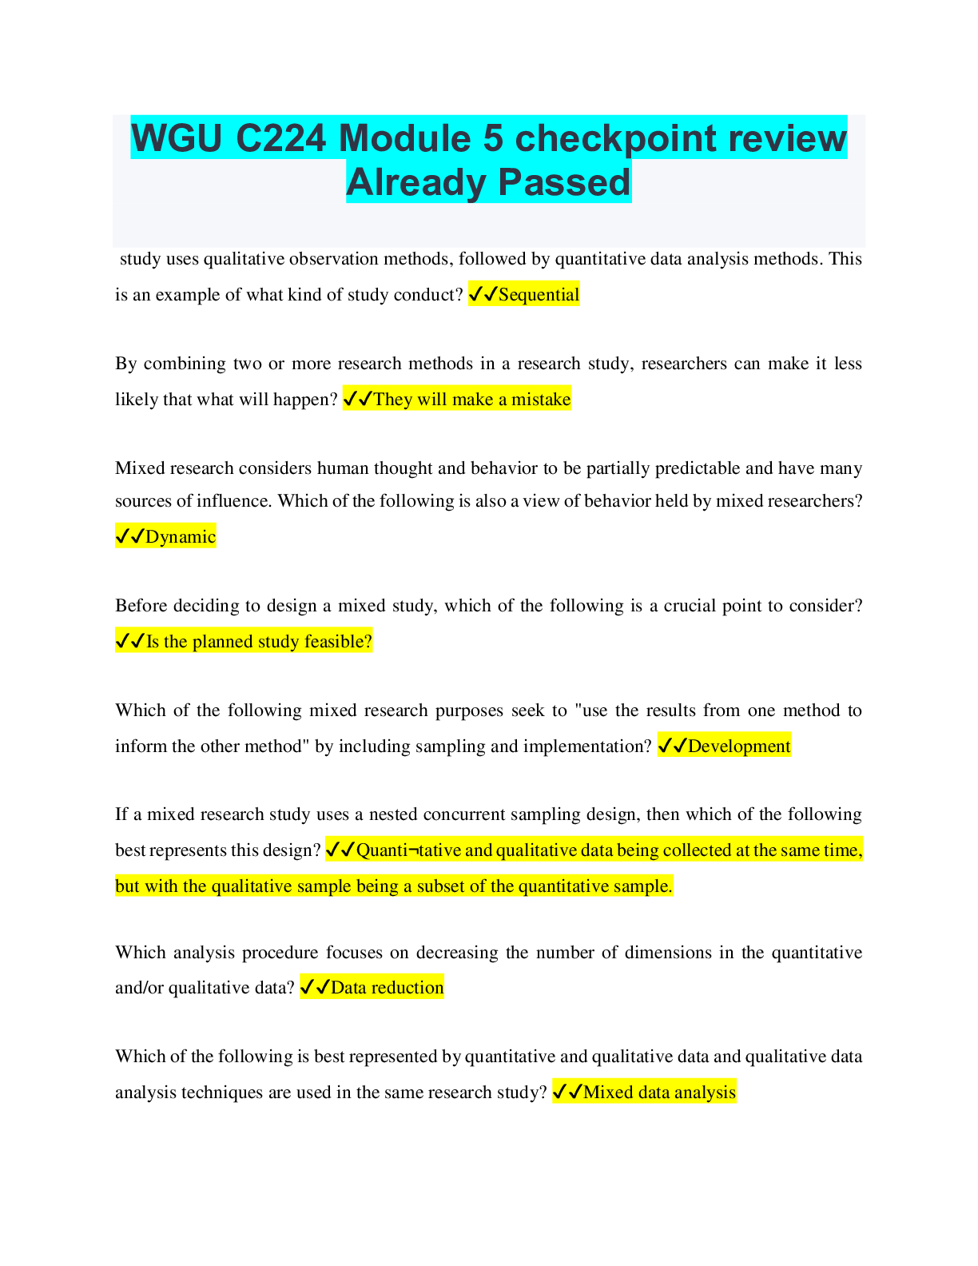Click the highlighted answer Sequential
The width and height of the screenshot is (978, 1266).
pos(539,295)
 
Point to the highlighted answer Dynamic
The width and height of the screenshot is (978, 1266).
pos(181,537)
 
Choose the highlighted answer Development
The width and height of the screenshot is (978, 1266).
pos(739,746)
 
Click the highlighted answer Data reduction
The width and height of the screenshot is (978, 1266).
pos(387,988)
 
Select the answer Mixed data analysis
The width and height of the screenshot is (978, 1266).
pos(659,1093)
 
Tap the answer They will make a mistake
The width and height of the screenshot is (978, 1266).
pos(471,400)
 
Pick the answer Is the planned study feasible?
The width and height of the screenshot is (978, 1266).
pos(259,642)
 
